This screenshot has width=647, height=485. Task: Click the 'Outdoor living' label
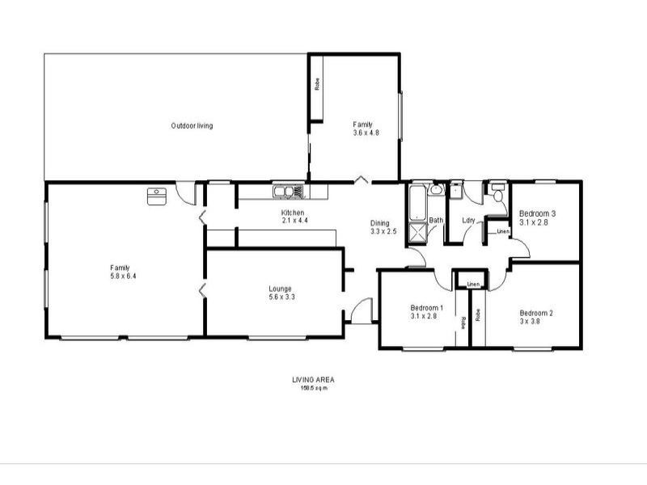tap(192, 125)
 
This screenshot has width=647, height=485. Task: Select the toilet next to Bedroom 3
tap(497, 195)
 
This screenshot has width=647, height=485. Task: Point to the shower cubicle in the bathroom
tap(418, 233)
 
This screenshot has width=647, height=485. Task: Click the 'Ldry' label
tap(467, 221)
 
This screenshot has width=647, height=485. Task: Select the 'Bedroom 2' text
tap(535, 313)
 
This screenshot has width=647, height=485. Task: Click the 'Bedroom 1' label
tap(426, 308)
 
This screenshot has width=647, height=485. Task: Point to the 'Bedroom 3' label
tap(537, 213)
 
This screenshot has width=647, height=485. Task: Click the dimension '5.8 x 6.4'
tap(121, 276)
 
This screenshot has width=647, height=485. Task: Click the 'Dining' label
tap(379, 223)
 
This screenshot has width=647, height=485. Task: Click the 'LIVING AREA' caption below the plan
tap(313, 379)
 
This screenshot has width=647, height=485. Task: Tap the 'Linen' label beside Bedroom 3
tap(502, 232)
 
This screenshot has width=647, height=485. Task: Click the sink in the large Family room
tap(156, 194)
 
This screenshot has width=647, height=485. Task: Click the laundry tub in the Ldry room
tap(455, 192)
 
